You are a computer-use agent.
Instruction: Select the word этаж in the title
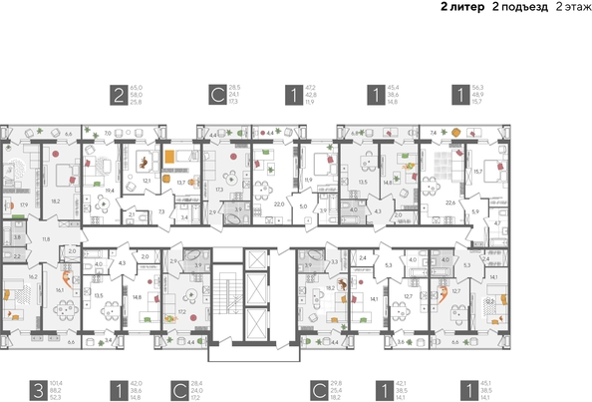tap(577, 7)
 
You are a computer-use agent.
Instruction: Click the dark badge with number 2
tap(121, 96)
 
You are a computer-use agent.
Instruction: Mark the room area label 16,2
tap(32, 277)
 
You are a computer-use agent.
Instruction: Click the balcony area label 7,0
tap(107, 132)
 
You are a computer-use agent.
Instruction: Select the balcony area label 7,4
tap(435, 132)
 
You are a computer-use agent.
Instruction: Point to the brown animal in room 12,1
tap(146, 159)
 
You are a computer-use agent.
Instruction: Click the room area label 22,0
tap(280, 203)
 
